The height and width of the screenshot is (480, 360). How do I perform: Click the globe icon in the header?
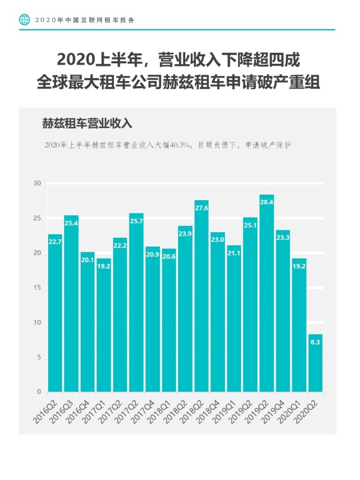click(24, 20)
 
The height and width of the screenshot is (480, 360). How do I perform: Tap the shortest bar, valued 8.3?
click(315, 363)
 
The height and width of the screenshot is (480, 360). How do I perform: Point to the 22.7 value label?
click(55, 242)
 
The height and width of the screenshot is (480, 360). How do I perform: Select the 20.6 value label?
click(169, 256)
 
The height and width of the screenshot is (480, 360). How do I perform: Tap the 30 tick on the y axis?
click(37, 183)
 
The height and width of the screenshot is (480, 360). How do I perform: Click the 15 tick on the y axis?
click(37, 287)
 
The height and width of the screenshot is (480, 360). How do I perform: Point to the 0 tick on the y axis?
click(39, 391)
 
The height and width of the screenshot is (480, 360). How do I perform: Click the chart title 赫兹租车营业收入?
click(88, 124)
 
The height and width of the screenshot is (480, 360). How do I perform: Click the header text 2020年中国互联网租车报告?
click(84, 20)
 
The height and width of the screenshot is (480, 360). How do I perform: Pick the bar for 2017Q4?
click(152, 319)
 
